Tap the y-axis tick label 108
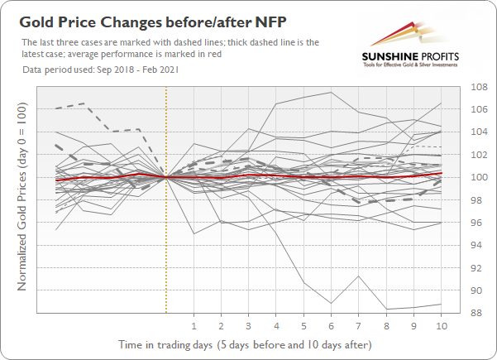[x=477, y=87]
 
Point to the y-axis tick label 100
[x=477, y=177]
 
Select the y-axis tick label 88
[x=477, y=313]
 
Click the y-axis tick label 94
[x=477, y=245]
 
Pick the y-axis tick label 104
[x=477, y=132]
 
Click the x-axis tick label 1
[x=194, y=325]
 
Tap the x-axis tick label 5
[x=303, y=325]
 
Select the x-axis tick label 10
[x=441, y=325]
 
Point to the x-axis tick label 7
[x=359, y=325]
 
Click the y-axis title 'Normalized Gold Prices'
[x=22, y=199]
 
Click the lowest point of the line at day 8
[x=386, y=309]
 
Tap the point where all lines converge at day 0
[x=166, y=177]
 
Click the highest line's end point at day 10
[x=441, y=103]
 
